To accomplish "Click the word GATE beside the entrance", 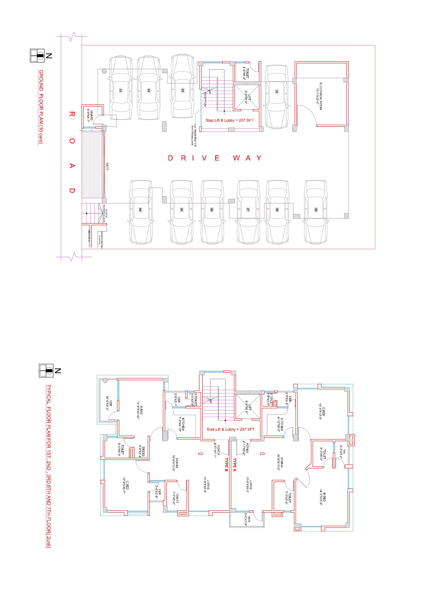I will tap(107, 166).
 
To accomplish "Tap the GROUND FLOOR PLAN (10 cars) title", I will tap(41, 107).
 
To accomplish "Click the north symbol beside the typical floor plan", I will tap(46, 370).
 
